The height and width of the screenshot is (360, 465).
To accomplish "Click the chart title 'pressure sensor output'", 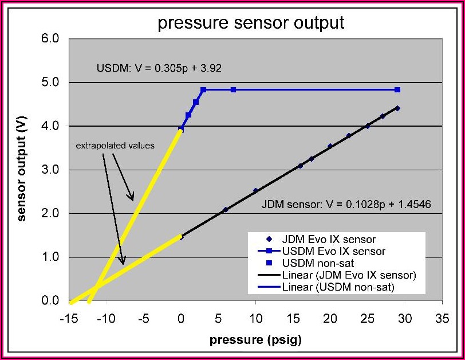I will click(x=251, y=23).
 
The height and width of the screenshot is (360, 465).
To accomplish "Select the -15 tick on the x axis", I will click(x=70, y=319).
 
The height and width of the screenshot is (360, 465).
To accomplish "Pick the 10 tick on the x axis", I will click(x=255, y=319).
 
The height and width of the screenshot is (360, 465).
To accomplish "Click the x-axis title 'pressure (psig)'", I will click(x=255, y=340).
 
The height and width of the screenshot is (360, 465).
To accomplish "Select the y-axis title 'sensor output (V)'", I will click(x=23, y=170).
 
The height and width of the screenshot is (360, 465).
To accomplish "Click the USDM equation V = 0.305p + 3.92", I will click(x=159, y=68).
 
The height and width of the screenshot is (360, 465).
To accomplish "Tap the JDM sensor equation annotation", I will click(x=346, y=204).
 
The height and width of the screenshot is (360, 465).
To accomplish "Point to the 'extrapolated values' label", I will click(x=115, y=146).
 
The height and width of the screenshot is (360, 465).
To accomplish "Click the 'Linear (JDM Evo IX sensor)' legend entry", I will click(x=349, y=275).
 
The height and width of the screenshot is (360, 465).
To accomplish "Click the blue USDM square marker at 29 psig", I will click(x=397, y=90).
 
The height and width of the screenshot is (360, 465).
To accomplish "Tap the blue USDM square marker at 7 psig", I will click(x=233, y=90).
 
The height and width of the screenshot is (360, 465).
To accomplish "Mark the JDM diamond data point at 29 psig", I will click(x=397, y=108).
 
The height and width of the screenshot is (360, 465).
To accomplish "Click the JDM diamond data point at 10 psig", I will click(x=255, y=190).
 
